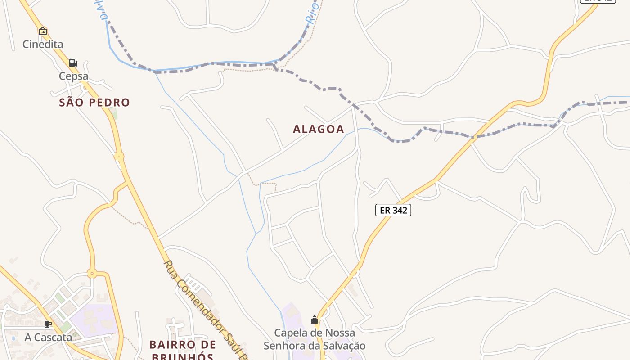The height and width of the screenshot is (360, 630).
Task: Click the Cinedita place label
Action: pyautogui.click(x=43, y=44)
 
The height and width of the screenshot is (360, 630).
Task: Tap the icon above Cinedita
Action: pyautogui.click(x=43, y=31)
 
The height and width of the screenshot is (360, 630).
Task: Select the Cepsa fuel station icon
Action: pyautogui.click(x=73, y=63)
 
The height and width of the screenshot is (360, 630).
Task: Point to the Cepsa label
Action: pyautogui.click(x=73, y=76)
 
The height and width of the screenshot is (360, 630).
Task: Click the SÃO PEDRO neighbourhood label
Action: pyautogui.click(x=94, y=103)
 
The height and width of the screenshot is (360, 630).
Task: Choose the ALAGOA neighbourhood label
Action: pyautogui.click(x=319, y=129)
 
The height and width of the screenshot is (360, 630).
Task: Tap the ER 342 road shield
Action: pyautogui.click(x=393, y=210)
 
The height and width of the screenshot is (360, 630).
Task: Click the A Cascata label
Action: pyautogui.click(x=48, y=337)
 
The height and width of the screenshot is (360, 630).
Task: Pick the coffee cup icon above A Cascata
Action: pyautogui.click(x=48, y=324)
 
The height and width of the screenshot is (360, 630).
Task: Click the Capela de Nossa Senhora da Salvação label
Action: pyautogui.click(x=315, y=339)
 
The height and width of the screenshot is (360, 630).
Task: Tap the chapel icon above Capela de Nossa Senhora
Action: pyautogui.click(x=315, y=320)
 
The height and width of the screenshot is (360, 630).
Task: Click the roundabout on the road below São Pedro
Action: pyautogui.click(x=119, y=157)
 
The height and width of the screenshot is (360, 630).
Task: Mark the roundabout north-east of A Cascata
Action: pyautogui.click(x=92, y=273)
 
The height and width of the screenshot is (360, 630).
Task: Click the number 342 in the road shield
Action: pyautogui.click(x=400, y=210)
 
